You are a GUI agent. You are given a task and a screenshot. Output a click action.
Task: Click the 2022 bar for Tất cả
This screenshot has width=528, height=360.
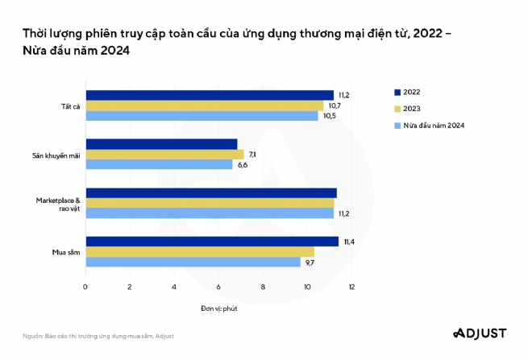coord(210,95)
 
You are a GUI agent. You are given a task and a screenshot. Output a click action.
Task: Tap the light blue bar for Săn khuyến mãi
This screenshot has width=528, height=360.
coord(159,164)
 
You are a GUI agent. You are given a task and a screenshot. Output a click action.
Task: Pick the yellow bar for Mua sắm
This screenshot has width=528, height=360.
coord(200,251)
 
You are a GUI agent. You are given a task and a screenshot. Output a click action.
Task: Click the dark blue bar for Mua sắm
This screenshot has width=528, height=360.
coord(212,241)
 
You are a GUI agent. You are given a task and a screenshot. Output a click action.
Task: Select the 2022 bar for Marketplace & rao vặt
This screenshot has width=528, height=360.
coord(211,192)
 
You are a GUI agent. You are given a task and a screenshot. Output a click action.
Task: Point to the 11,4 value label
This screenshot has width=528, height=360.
coord(348,241)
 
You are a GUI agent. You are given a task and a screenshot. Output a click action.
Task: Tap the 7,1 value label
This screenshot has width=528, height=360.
coord(252,154)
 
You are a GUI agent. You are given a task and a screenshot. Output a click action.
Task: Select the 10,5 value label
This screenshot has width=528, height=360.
coord(329,116)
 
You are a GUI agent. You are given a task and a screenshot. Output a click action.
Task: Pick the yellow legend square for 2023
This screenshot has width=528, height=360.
coord(397,109)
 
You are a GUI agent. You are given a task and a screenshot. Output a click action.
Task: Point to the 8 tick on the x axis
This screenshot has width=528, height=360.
coord(263,287)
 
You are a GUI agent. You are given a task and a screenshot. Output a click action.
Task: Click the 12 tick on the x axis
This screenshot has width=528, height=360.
coord(351,287)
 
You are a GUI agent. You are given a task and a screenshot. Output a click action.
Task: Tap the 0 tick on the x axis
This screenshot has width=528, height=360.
coord(85,287)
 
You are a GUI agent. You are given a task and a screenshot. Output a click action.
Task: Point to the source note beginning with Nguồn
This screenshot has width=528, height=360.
coord(98,335)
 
